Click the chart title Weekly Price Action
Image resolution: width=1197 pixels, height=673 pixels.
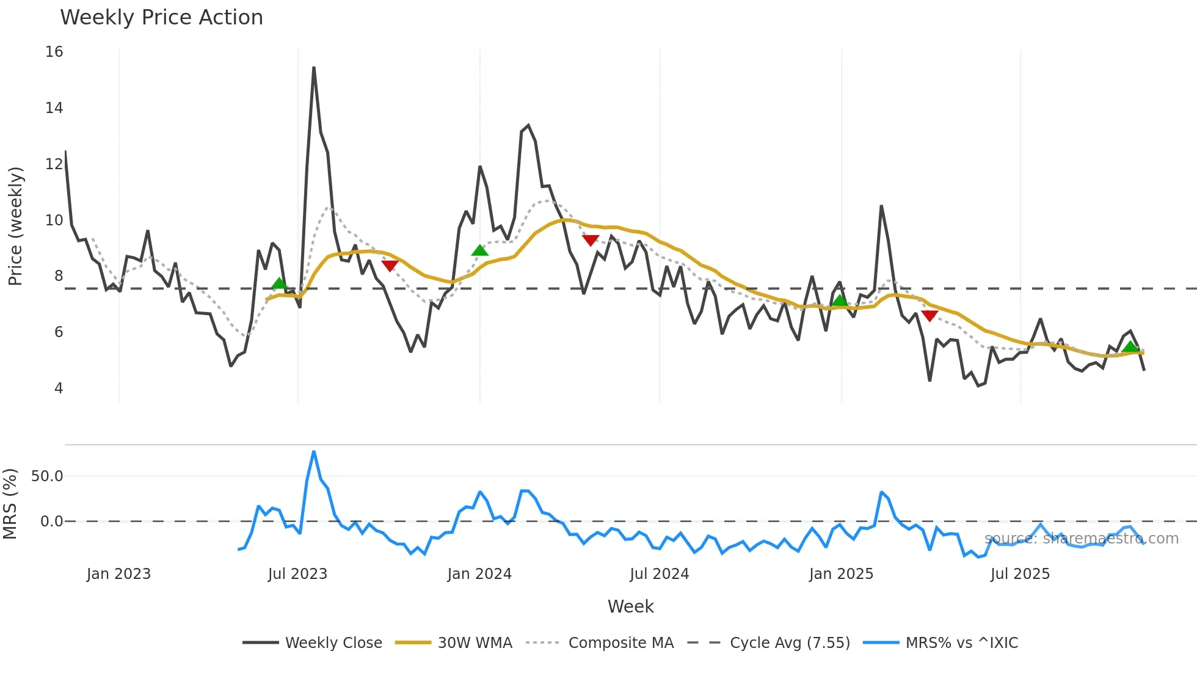161,18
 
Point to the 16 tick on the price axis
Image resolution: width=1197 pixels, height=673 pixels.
54,52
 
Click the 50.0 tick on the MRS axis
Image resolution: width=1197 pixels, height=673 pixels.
47,476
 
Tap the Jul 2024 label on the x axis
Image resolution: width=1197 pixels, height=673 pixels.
659,574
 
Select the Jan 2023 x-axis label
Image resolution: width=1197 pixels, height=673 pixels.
118,574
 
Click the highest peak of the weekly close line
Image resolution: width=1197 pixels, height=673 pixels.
314,68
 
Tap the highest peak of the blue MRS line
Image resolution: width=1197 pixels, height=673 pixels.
314,452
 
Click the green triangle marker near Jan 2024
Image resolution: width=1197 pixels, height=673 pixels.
480,250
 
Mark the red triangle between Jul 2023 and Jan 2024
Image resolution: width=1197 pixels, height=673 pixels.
390,266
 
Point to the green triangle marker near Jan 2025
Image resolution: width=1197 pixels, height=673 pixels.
840,300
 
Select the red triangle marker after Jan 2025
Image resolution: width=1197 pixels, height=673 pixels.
930,316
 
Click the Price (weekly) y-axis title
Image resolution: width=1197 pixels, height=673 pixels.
15,226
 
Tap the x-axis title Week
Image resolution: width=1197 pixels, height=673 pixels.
630,606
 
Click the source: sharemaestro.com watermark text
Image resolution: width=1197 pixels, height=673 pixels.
1081,539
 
